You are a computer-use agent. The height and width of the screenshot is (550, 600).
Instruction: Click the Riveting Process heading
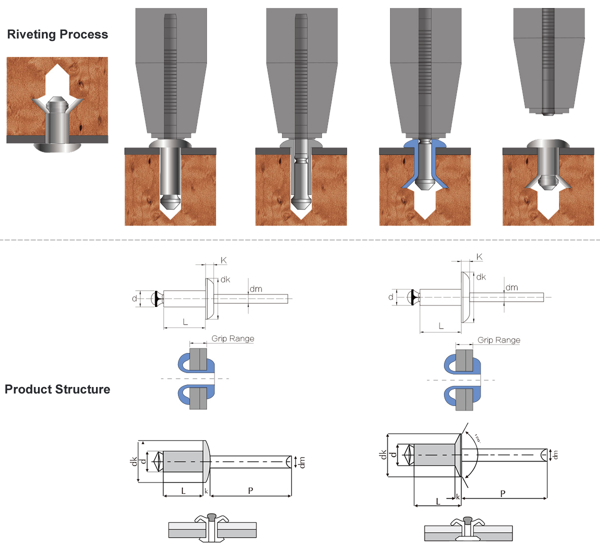point(57,34)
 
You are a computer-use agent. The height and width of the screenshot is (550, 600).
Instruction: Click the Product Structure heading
point(57,389)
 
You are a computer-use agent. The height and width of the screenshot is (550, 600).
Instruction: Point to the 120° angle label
point(477,438)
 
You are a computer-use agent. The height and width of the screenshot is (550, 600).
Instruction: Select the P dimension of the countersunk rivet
point(502,493)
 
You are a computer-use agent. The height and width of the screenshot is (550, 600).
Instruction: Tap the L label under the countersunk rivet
point(438,501)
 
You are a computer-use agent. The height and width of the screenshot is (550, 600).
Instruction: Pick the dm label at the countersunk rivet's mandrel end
point(555,455)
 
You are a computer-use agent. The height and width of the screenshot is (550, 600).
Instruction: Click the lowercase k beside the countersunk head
point(457,497)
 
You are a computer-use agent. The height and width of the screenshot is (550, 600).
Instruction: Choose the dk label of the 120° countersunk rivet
point(383,454)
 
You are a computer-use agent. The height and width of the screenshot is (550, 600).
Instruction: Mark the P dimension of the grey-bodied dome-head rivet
point(250,491)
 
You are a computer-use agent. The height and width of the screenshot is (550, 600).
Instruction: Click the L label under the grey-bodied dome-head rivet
point(183,491)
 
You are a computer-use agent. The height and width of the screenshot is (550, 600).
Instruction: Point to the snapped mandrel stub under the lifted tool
point(548,113)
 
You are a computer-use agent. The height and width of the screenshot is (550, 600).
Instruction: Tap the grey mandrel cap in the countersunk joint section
point(468,520)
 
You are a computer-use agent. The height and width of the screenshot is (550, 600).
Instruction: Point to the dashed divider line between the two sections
point(300,240)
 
